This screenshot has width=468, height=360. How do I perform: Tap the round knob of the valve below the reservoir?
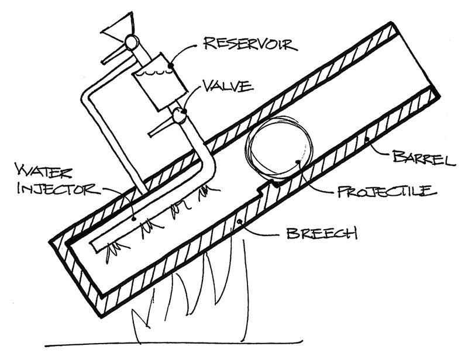180,116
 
